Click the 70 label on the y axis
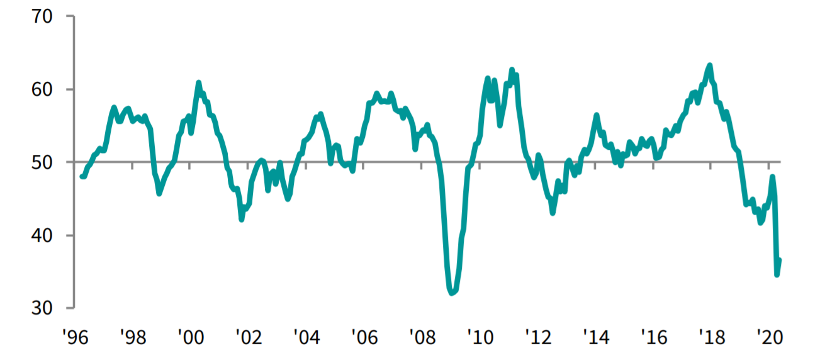pos(48,16)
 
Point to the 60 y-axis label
pos(48,89)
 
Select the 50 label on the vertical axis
pos(48,162)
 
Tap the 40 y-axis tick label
pos(48,235)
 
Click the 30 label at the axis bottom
pos(48,308)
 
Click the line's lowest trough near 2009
pos(452,293)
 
